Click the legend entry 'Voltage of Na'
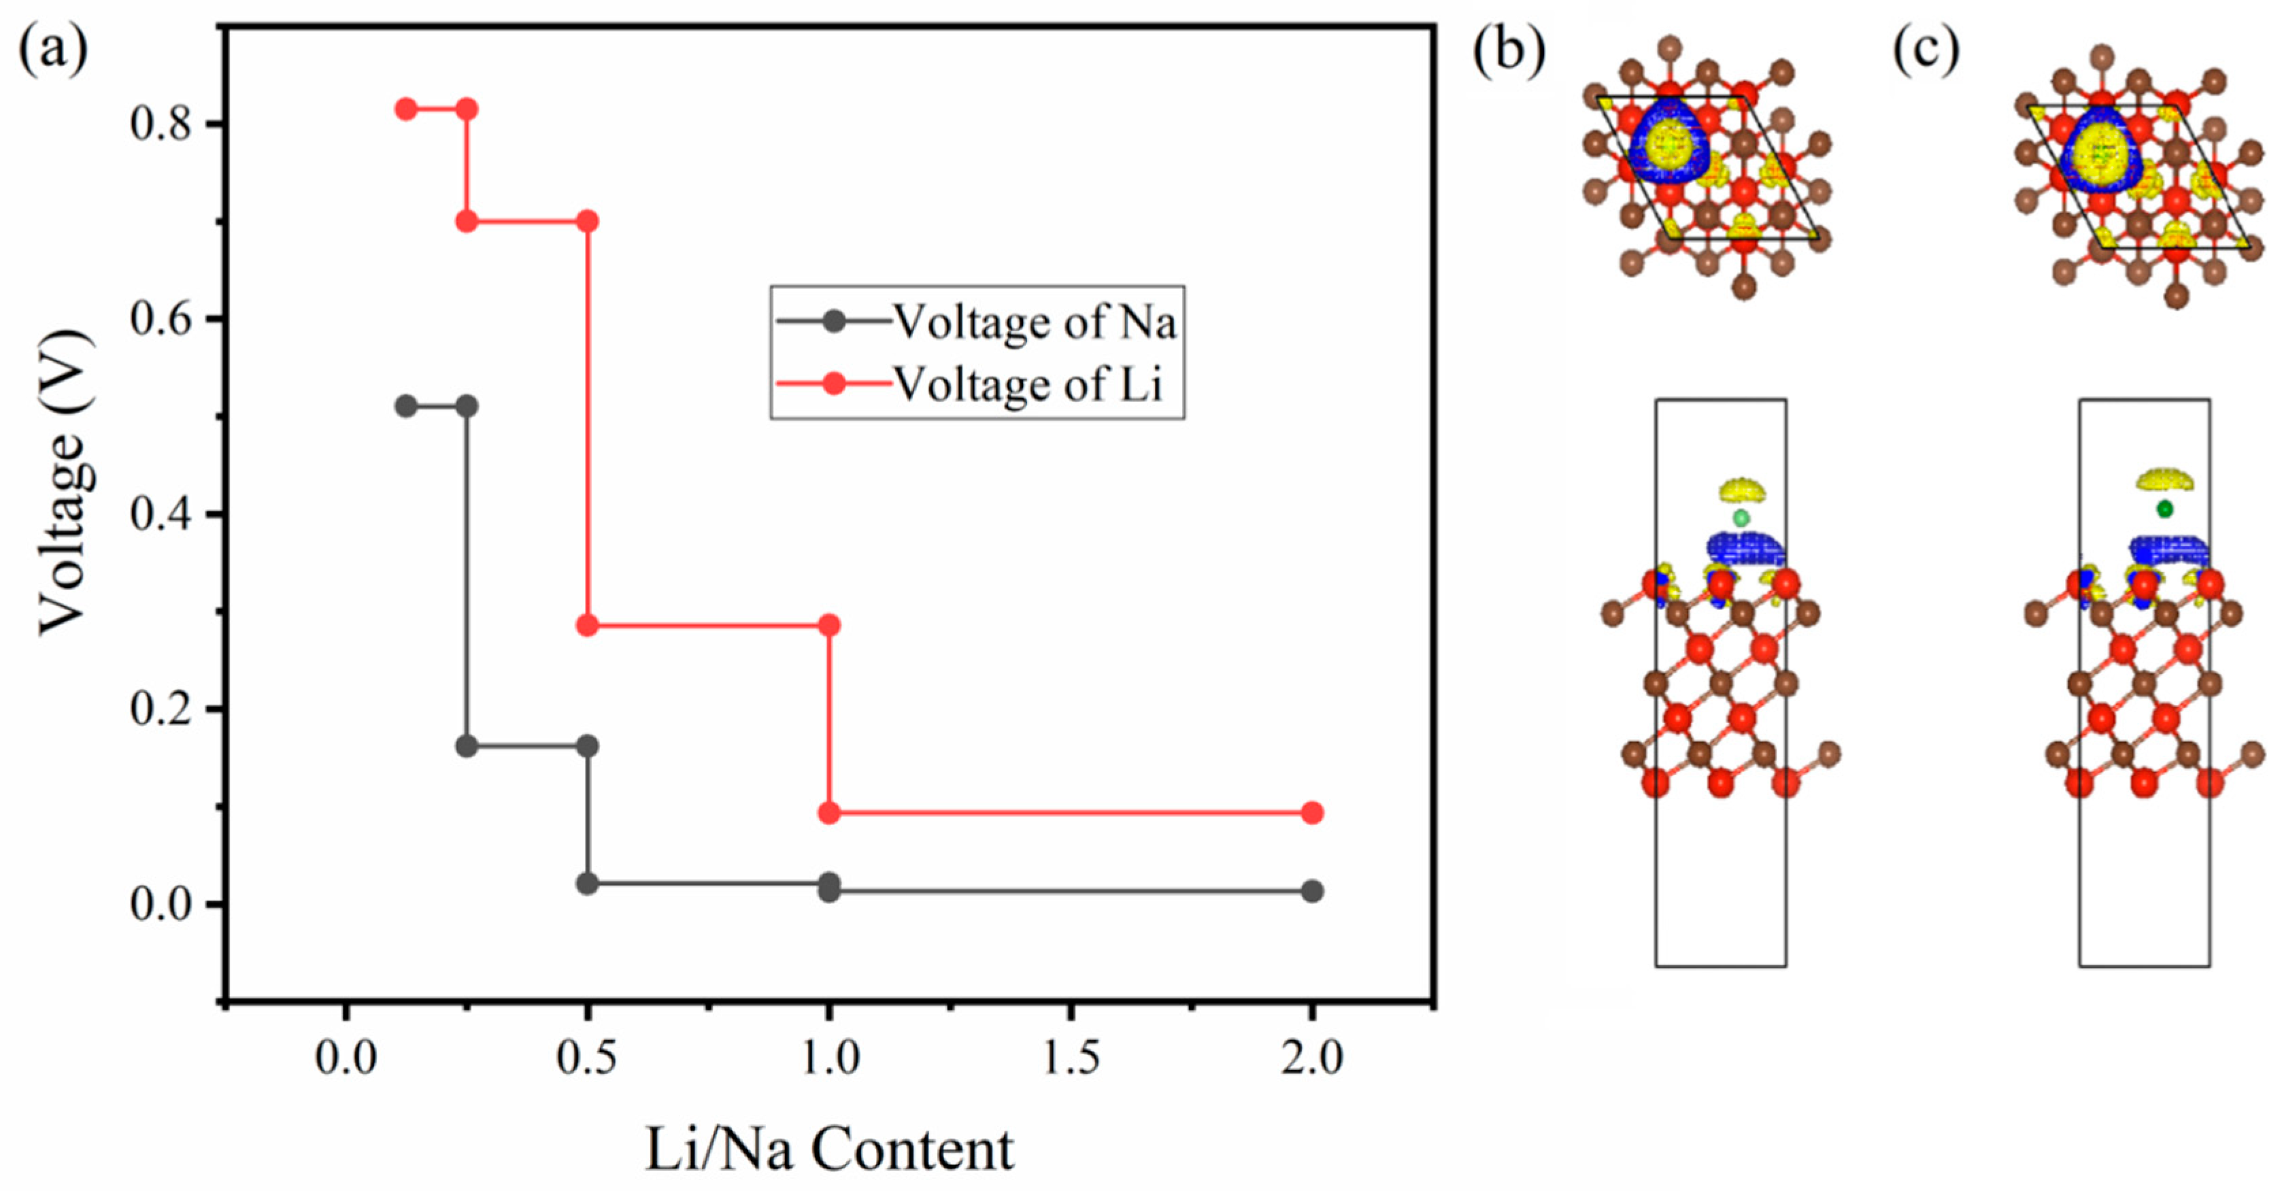coord(1034,321)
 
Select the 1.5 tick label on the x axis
coord(1071,1058)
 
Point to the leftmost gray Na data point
coord(406,406)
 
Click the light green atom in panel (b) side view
coord(1741,518)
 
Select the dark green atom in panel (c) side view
coord(2165,509)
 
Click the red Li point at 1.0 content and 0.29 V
coord(829,625)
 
